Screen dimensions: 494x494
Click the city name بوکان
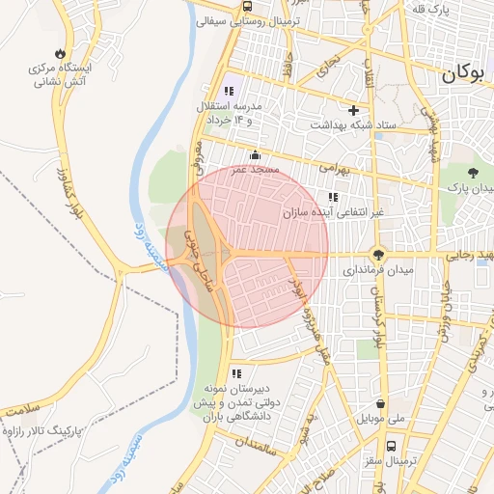pos(466,74)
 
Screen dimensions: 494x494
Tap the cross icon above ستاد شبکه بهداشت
pos(354,110)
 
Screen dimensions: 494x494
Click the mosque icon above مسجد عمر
pos(255,155)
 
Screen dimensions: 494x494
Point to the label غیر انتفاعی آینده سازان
pos(333,212)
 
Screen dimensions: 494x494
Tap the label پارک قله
pos(453,10)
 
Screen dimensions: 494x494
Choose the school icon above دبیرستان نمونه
pos(236,373)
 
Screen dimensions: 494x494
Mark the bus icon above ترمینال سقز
pos(391,447)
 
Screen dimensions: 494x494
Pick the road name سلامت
pos(24,411)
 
